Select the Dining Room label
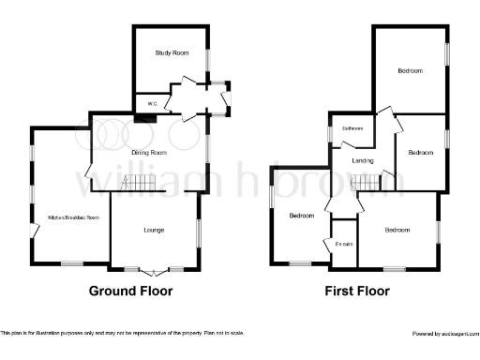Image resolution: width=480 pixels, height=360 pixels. [x=150, y=152]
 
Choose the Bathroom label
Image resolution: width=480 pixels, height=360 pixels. [x=352, y=128]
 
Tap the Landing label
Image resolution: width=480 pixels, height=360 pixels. [x=363, y=160]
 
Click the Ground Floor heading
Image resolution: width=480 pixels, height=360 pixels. [x=130, y=291]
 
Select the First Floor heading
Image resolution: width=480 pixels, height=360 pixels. [x=357, y=291]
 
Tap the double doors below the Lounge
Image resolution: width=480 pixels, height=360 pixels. [x=154, y=270]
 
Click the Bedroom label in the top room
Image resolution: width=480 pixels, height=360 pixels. [x=410, y=70]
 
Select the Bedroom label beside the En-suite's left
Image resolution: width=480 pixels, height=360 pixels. [x=301, y=216]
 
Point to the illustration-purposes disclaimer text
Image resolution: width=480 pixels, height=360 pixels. [x=123, y=334]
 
